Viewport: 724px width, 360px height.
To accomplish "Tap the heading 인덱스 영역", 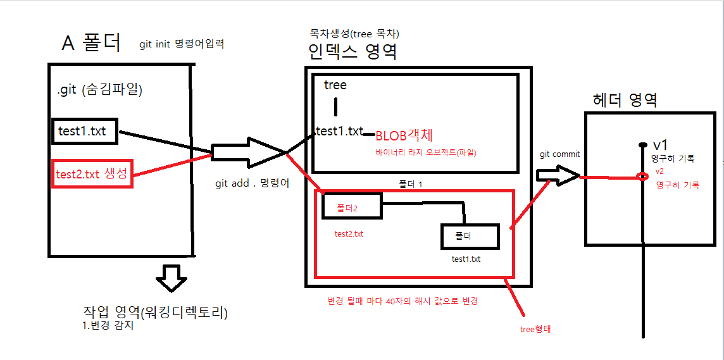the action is [353, 51].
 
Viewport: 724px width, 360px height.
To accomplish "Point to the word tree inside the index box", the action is [335, 85].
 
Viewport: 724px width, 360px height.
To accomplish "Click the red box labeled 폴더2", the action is [351, 206].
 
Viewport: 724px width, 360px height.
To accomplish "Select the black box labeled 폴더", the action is [470, 236].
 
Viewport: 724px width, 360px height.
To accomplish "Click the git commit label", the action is [560, 154].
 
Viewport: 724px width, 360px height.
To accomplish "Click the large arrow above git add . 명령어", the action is [249, 152].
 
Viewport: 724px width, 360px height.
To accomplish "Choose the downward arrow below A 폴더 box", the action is [171, 278].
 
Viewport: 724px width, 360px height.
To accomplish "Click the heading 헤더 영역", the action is [625, 99].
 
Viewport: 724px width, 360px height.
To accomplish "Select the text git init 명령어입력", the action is [182, 44].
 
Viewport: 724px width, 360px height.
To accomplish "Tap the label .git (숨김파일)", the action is [100, 90].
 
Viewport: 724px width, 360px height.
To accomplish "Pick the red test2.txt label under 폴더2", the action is [349, 233].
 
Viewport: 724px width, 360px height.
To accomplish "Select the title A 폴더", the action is [92, 43].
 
